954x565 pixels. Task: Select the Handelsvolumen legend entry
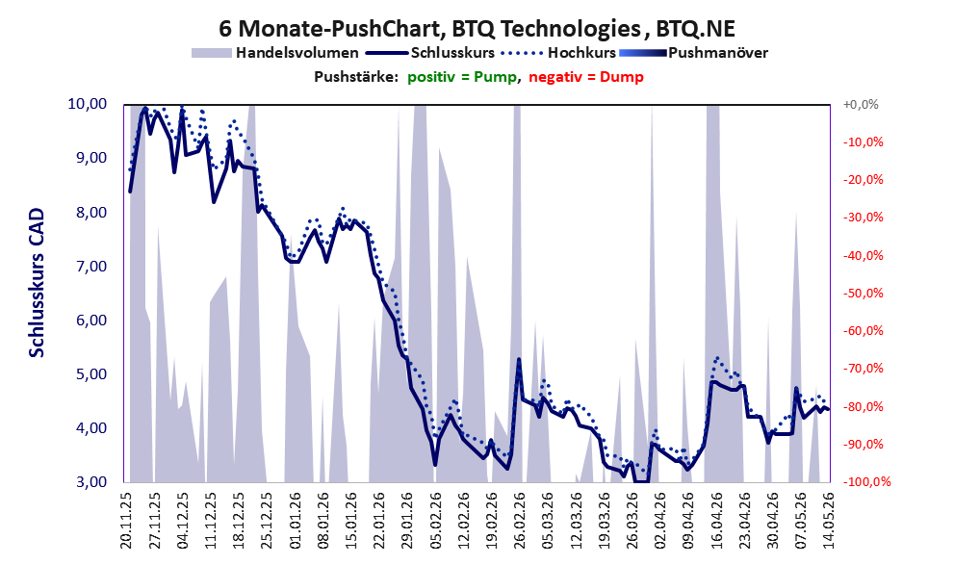coord(275,53)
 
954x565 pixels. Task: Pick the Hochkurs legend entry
coord(558,53)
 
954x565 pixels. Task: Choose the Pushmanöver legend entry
coord(693,53)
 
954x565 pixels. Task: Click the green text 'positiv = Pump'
coord(463,77)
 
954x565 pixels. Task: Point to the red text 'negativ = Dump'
coord(586,77)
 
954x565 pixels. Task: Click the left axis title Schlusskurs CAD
coord(38,282)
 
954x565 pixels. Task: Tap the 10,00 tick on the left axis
coord(88,104)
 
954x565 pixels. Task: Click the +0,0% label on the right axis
coord(861,105)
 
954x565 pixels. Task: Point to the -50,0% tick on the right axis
coord(863,294)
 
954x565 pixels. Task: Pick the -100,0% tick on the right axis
coord(863,482)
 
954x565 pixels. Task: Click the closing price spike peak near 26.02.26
coord(518,359)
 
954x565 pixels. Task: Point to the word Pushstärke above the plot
coord(355,77)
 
